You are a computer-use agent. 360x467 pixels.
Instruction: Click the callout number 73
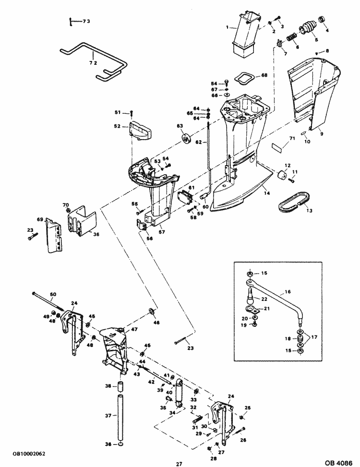pyautogui.click(x=86, y=22)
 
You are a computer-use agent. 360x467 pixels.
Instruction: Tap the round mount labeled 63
pyautogui.click(x=185, y=140)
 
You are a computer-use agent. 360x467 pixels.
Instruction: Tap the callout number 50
pyautogui.click(x=53, y=294)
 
